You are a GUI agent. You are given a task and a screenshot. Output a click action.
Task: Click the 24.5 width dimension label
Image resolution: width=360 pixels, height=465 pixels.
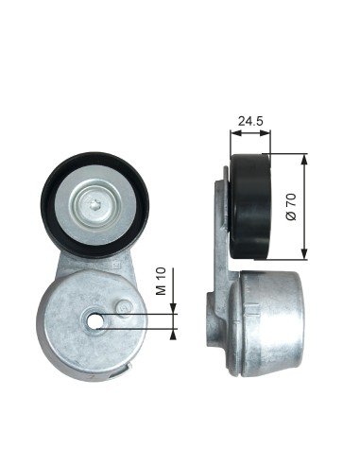[250, 121]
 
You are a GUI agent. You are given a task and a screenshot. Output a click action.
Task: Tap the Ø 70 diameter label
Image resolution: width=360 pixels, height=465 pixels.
[291, 207]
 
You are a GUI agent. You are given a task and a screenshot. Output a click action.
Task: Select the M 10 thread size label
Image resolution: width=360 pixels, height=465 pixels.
[161, 282]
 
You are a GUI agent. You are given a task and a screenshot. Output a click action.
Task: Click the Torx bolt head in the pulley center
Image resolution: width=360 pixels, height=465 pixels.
[94, 207]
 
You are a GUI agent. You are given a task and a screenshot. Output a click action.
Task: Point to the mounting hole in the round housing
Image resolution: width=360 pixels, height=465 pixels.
[94, 321]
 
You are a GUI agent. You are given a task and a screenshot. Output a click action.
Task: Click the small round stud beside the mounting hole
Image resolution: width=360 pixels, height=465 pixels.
[124, 307]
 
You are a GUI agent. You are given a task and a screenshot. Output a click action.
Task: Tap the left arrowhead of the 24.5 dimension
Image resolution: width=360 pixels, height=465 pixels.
[235, 133]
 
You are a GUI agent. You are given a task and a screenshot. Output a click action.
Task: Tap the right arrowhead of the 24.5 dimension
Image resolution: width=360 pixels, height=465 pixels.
[266, 133]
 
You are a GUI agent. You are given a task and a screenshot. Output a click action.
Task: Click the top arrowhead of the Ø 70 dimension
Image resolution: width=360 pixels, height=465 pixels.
[304, 160]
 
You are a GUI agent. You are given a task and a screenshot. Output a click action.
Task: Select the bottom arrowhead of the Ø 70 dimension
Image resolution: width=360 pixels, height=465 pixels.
[304, 254]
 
